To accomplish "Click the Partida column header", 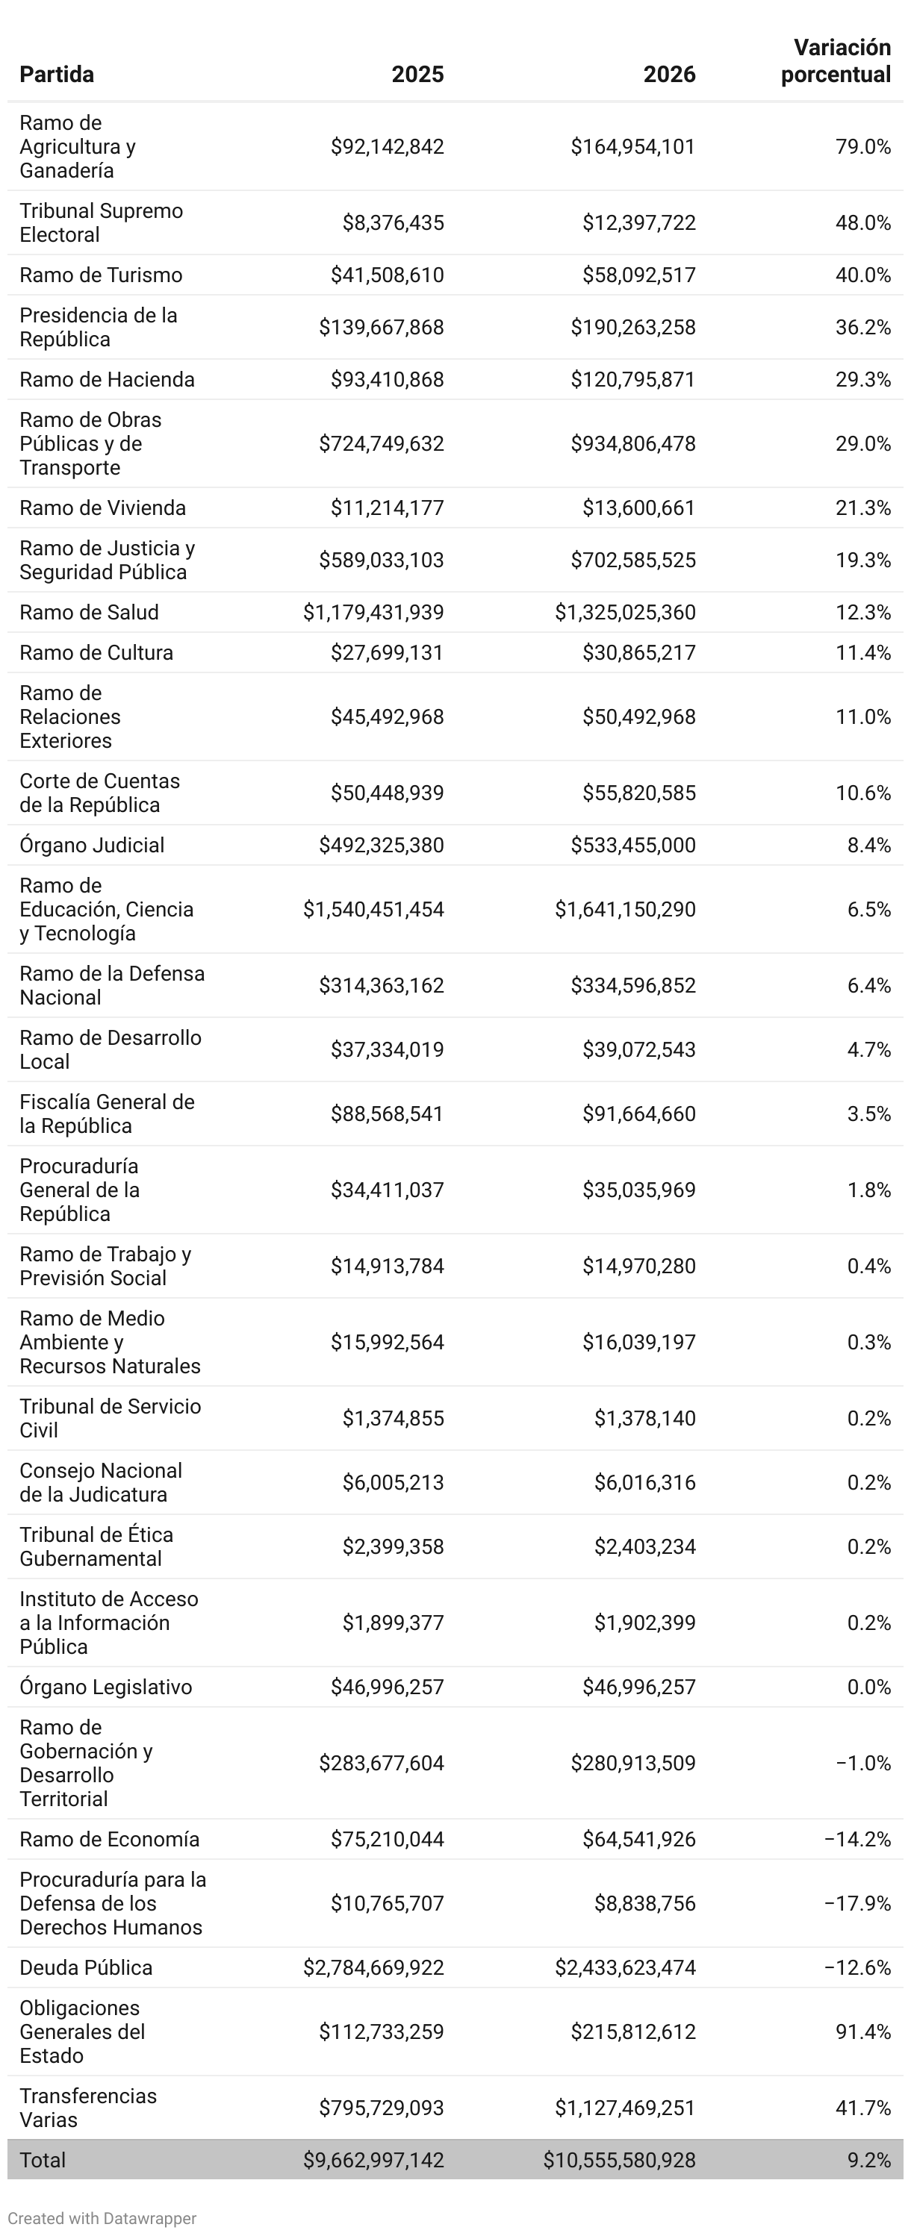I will (x=57, y=75).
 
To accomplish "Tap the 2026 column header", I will (x=669, y=75).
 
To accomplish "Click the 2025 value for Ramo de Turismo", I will (x=387, y=275).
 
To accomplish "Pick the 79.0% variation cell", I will (x=862, y=147).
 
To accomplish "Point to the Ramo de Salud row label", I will (x=89, y=612).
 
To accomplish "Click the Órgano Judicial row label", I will (x=91, y=845).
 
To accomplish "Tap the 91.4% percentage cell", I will (x=862, y=2032).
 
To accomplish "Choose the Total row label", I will (x=43, y=2160).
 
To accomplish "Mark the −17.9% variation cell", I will (x=857, y=1904).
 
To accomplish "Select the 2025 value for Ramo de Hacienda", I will (x=387, y=379).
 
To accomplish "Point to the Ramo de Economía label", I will (x=110, y=1839).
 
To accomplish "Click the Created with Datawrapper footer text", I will (x=102, y=2218).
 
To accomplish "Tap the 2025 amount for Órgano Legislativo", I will (x=387, y=1687).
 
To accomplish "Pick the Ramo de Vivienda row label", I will (x=102, y=508).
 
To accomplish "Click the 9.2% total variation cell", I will (x=868, y=2160).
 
